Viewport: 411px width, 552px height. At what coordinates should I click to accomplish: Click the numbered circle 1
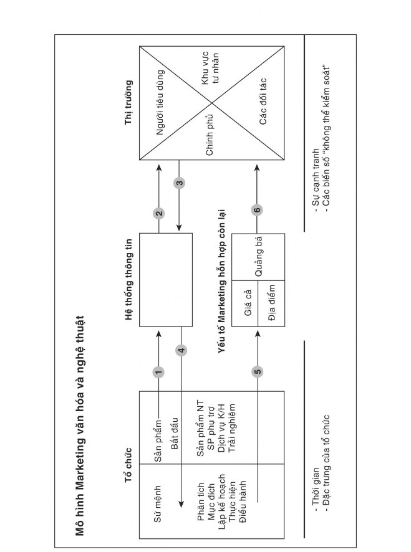[159, 372]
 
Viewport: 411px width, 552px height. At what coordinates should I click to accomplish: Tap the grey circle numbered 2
[159, 213]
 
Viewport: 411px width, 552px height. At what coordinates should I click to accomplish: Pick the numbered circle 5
[258, 372]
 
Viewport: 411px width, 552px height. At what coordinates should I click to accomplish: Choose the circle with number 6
[258, 210]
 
